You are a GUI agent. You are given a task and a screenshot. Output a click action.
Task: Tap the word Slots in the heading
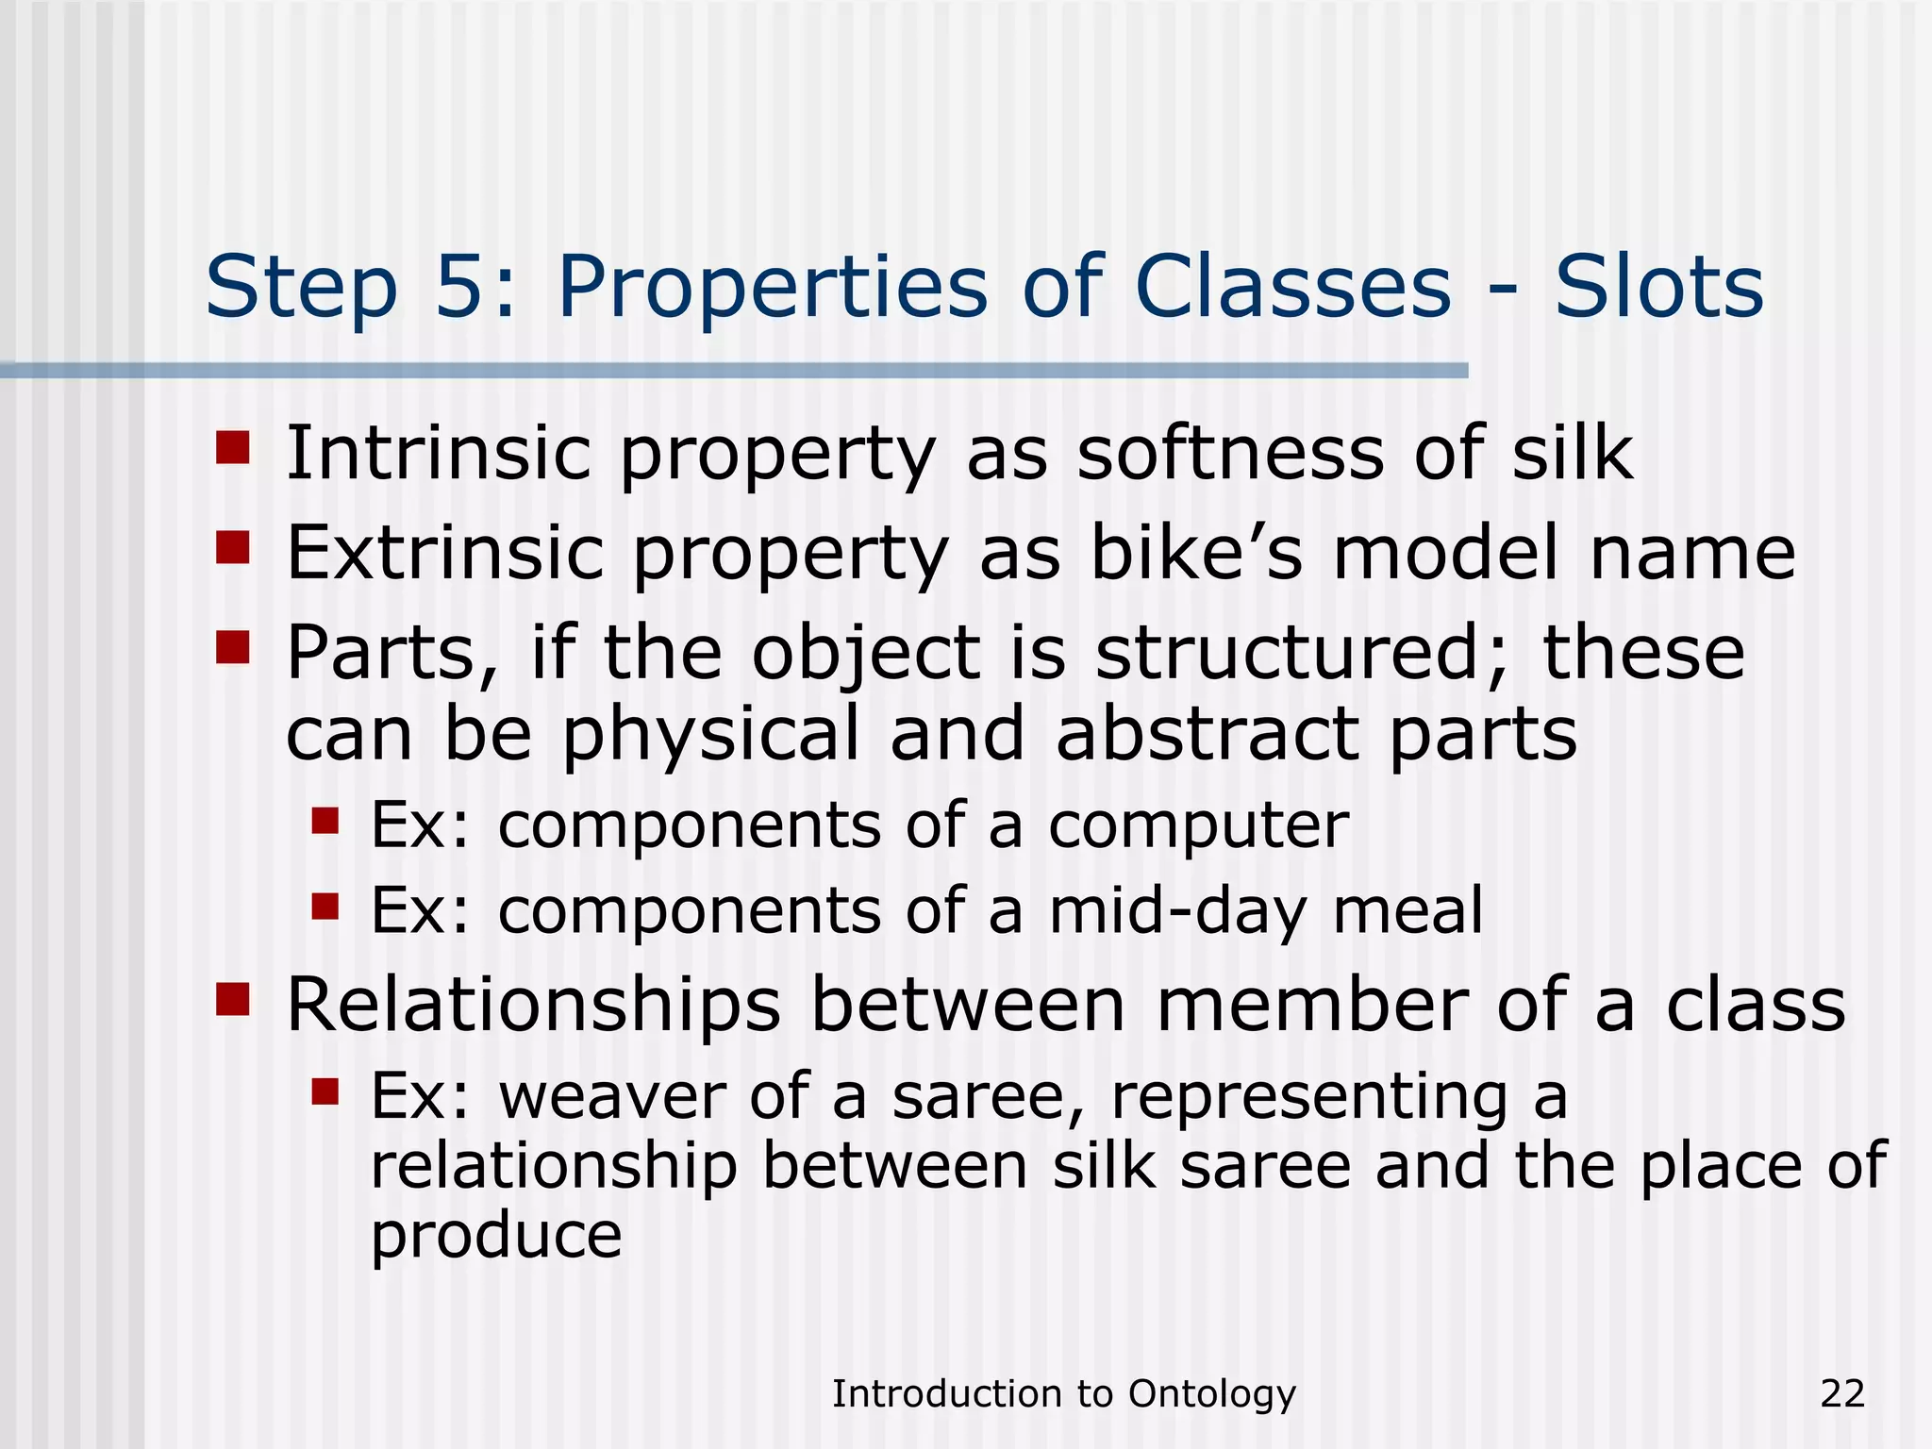click(1658, 287)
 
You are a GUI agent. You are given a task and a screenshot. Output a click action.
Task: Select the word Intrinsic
click(438, 453)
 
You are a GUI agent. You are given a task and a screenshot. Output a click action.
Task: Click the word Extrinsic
click(444, 553)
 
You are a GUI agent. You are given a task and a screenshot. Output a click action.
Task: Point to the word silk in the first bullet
click(1573, 453)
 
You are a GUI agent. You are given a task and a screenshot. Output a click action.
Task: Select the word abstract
click(1207, 734)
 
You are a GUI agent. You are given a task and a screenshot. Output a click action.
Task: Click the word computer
click(1198, 826)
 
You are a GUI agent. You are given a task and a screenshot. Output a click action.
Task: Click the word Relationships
click(533, 1006)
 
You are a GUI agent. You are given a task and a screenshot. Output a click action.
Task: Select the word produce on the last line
click(496, 1236)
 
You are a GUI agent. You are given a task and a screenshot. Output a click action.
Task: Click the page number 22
click(1842, 1393)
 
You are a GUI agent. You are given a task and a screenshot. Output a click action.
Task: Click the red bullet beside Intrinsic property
click(232, 448)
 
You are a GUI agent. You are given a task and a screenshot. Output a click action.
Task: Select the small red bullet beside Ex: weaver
click(325, 1091)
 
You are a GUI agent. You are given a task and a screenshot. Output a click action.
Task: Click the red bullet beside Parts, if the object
click(232, 647)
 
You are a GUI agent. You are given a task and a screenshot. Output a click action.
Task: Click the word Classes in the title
click(1292, 287)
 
